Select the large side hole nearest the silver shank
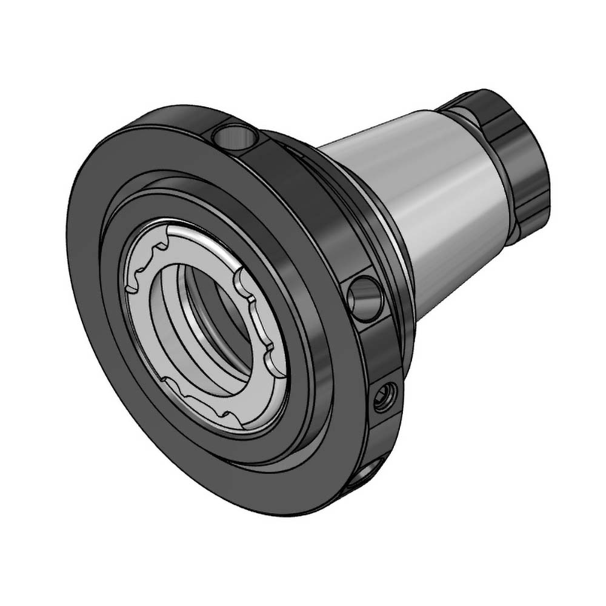pos(366,298)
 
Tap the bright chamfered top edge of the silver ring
pos(200,233)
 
